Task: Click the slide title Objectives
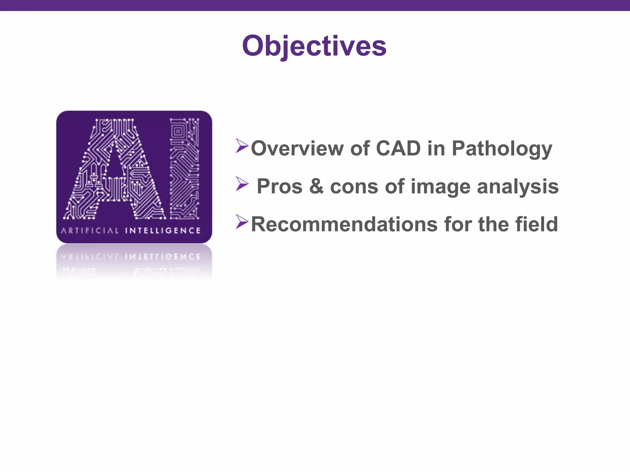tap(314, 46)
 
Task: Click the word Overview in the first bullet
tap(297, 148)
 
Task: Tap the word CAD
tap(398, 148)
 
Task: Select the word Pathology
tap(502, 149)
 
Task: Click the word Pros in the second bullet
tap(279, 187)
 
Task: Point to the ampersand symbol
tap(316, 187)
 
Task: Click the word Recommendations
tap(344, 224)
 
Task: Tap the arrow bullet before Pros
tap(242, 183)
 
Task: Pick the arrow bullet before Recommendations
tap(242, 222)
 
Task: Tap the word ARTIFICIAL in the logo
tap(90, 230)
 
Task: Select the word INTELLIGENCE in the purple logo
tap(163, 230)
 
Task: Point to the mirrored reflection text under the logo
tap(131, 257)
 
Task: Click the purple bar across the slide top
tap(315, 5)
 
